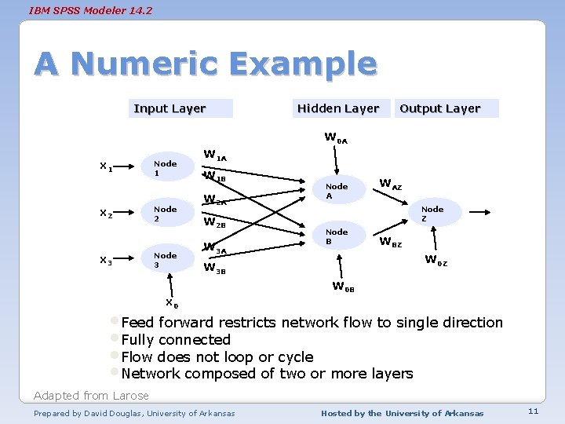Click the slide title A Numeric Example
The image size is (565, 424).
(206, 64)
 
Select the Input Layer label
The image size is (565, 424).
(169, 108)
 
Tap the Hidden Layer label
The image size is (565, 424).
(338, 108)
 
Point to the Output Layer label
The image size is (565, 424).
(439, 108)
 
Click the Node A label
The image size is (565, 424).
(337, 191)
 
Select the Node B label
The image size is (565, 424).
(337, 236)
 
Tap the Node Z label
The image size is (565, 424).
(432, 214)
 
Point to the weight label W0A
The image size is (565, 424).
(336, 138)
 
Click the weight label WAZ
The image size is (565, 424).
(390, 185)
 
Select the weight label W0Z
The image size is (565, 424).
(436, 261)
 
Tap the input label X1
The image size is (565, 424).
(105, 166)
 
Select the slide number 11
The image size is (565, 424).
(533, 411)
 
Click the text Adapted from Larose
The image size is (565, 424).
(91, 395)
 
